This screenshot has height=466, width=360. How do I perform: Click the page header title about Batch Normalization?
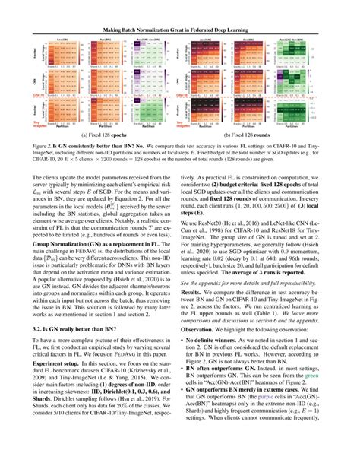180,10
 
